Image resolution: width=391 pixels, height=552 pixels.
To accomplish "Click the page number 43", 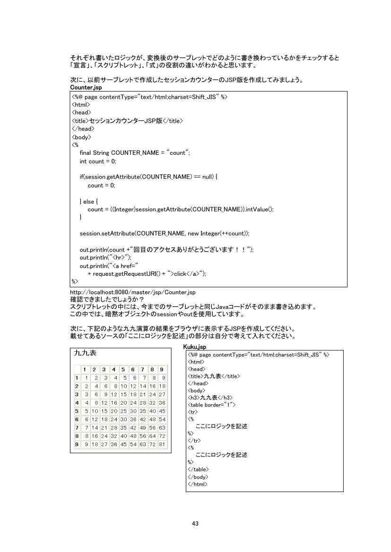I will tap(195, 523).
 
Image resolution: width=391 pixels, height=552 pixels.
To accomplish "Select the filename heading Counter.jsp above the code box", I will tap(86, 87).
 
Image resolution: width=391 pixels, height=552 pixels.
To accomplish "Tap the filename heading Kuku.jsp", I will tap(195, 347).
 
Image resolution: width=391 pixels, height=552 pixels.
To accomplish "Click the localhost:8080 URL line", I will tap(133, 293).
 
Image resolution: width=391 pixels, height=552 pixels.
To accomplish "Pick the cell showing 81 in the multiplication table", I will tap(161, 444).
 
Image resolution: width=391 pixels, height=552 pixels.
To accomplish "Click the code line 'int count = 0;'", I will tap(97, 161).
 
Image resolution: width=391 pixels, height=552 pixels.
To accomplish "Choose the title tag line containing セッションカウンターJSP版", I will tap(127, 121).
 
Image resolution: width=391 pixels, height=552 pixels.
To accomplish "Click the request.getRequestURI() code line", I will tap(147, 273).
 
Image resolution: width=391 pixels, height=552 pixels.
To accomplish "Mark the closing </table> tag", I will tap(199, 469).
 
